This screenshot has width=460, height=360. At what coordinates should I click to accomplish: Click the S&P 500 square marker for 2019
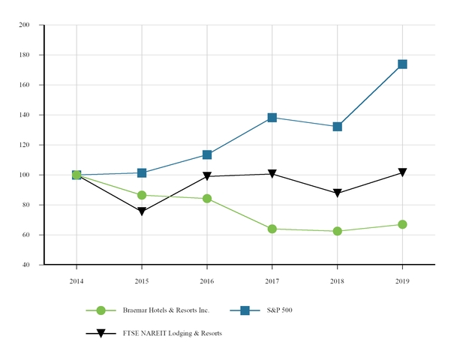point(402,64)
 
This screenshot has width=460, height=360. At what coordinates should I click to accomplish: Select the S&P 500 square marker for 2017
point(272,118)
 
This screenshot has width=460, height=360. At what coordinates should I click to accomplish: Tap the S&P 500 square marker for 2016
point(207,154)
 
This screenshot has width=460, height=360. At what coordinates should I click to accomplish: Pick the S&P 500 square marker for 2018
point(337,127)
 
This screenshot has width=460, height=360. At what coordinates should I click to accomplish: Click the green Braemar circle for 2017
point(272,229)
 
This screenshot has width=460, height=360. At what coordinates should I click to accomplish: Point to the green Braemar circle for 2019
point(402,224)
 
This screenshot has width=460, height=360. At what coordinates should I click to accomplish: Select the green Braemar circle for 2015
point(142,195)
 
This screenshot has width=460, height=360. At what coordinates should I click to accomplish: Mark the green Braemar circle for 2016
point(207,199)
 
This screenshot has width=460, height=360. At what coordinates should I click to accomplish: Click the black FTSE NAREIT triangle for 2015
point(142,211)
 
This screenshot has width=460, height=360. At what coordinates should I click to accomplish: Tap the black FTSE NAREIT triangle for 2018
point(337,193)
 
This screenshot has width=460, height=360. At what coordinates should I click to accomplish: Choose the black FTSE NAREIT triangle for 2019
point(402,172)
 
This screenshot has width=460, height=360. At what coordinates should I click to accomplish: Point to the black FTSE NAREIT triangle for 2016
point(207,176)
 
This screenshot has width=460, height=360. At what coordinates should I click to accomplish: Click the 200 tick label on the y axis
point(24,25)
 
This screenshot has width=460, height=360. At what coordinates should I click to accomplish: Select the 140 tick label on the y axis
point(24,115)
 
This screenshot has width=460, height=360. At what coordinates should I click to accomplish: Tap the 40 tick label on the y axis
point(26,265)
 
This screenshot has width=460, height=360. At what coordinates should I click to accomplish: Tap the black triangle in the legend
point(101,333)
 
